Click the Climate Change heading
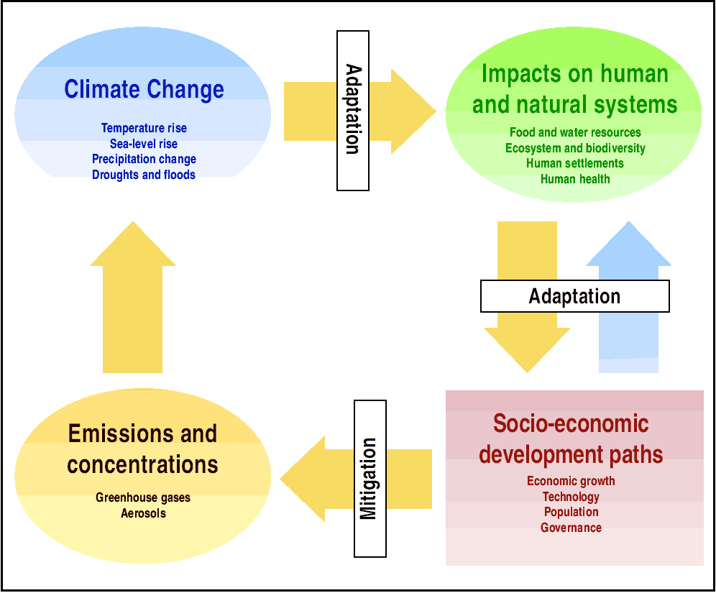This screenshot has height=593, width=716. (x=144, y=89)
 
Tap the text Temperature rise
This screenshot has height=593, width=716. (x=144, y=128)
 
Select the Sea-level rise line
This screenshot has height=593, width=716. (x=144, y=144)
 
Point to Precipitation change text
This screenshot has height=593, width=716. (x=144, y=160)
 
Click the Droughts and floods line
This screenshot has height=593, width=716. (x=144, y=175)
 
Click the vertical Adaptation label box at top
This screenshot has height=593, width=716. (x=353, y=111)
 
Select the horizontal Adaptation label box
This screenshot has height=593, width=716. (x=575, y=296)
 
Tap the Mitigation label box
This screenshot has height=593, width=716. (x=370, y=479)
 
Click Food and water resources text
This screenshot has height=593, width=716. (x=575, y=132)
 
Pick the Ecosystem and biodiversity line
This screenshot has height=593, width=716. (x=575, y=148)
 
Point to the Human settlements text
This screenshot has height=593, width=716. (x=575, y=163)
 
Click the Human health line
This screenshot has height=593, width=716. (x=575, y=179)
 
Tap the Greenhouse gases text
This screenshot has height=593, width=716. (x=143, y=497)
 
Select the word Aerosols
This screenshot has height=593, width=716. (x=143, y=513)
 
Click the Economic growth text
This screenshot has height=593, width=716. (x=571, y=481)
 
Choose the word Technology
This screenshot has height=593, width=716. (x=571, y=497)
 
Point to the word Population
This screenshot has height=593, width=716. (x=572, y=512)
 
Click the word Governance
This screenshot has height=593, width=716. (x=572, y=528)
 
